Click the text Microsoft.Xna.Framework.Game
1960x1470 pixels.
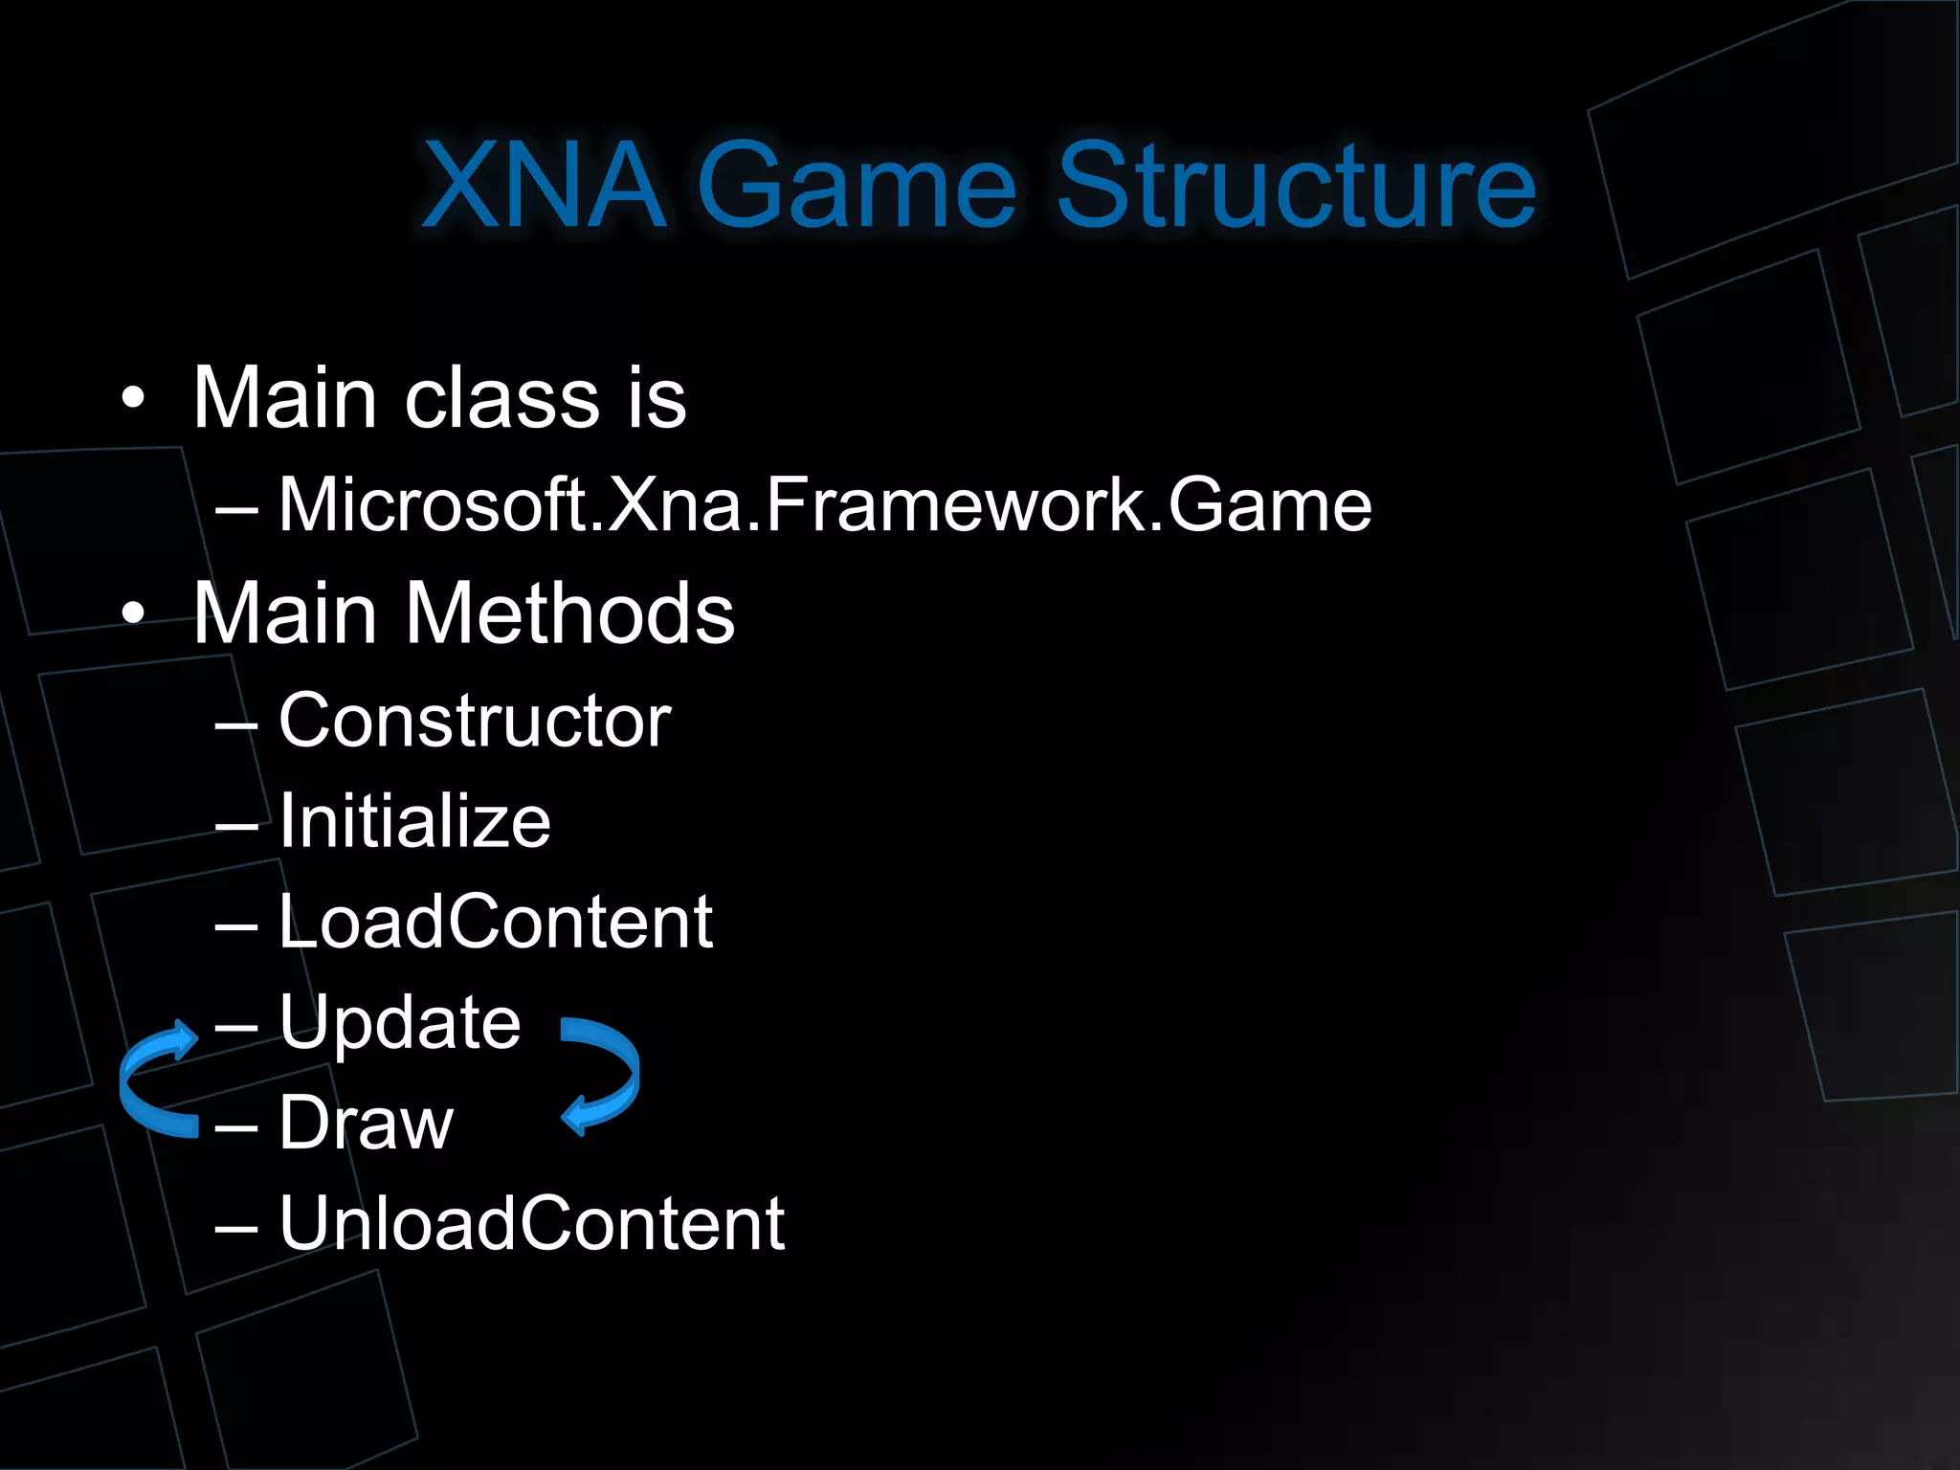point(825,504)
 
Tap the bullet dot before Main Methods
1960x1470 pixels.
point(134,613)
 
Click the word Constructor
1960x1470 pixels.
point(475,721)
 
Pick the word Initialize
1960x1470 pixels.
point(414,821)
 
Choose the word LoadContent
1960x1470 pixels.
point(496,922)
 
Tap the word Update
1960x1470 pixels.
point(400,1023)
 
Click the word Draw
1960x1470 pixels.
point(366,1123)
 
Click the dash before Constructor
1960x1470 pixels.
point(236,724)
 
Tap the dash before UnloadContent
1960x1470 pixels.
point(236,1227)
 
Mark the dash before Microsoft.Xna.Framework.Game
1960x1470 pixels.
point(236,508)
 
